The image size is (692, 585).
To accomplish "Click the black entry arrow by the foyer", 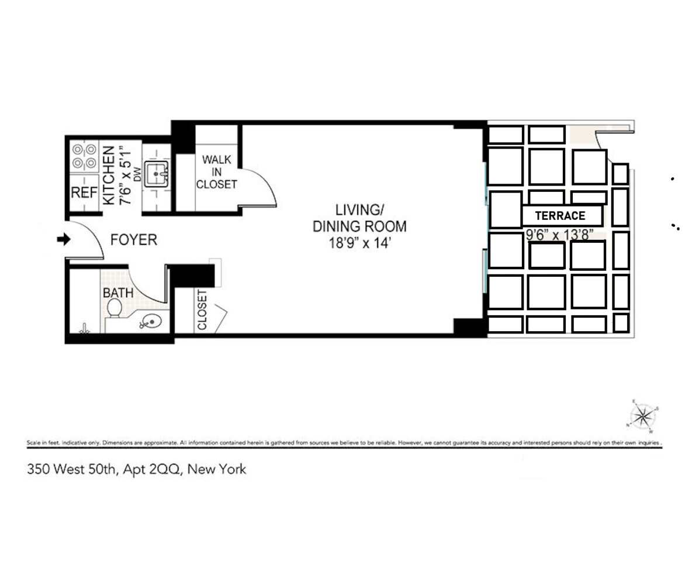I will pyautogui.click(x=63, y=239).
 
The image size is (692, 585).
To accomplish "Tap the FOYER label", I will pyautogui.click(x=134, y=240).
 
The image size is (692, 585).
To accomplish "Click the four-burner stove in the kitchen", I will pyautogui.click(x=83, y=156).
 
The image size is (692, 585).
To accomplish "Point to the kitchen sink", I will pyautogui.click(x=157, y=173).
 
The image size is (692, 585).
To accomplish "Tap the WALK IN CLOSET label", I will pyautogui.click(x=216, y=171).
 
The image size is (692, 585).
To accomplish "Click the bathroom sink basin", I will pyautogui.click(x=151, y=321).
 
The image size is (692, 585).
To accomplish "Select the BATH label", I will pyautogui.click(x=118, y=292).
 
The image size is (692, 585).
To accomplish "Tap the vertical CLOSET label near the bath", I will pyautogui.click(x=202, y=310).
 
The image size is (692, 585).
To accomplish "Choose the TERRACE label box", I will pyautogui.click(x=561, y=216).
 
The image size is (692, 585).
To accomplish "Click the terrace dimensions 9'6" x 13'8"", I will pyautogui.click(x=560, y=235).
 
